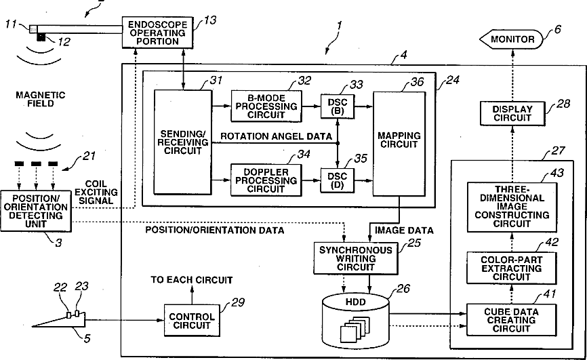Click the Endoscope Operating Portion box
(158, 33)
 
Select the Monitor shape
(511, 39)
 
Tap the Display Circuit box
(512, 113)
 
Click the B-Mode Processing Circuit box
(266, 106)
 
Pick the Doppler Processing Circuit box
(266, 180)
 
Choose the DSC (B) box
(338, 106)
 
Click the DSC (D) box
(338, 180)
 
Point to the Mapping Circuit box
(399, 144)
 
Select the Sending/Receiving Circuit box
(183, 142)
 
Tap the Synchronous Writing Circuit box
(356, 258)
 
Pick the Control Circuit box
(192, 321)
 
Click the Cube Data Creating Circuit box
(511, 320)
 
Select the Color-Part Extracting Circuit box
(511, 268)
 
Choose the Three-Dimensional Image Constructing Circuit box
(512, 207)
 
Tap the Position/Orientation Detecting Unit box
(36, 211)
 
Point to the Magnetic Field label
(41, 99)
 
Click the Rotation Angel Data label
(276, 136)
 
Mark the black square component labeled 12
(41, 37)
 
